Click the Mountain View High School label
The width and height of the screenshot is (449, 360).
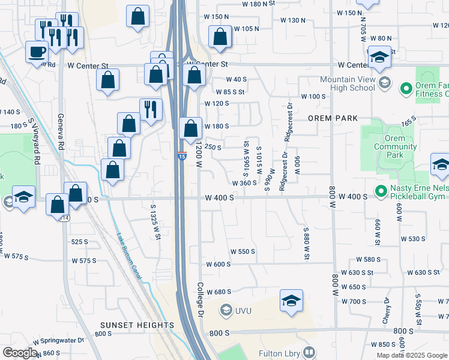pos(347,83)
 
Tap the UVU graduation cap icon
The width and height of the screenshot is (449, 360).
pos(226,310)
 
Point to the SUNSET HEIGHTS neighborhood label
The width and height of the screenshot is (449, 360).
pos(137,325)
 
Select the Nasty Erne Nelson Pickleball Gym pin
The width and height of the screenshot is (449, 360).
pos(380,191)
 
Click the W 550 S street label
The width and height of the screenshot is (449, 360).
pos(243,252)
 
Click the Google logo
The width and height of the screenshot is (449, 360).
pos(19,353)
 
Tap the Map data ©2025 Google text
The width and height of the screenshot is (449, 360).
pos(411,355)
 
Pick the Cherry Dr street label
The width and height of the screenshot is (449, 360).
pos(387,310)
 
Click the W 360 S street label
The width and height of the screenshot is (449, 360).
pos(244,183)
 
